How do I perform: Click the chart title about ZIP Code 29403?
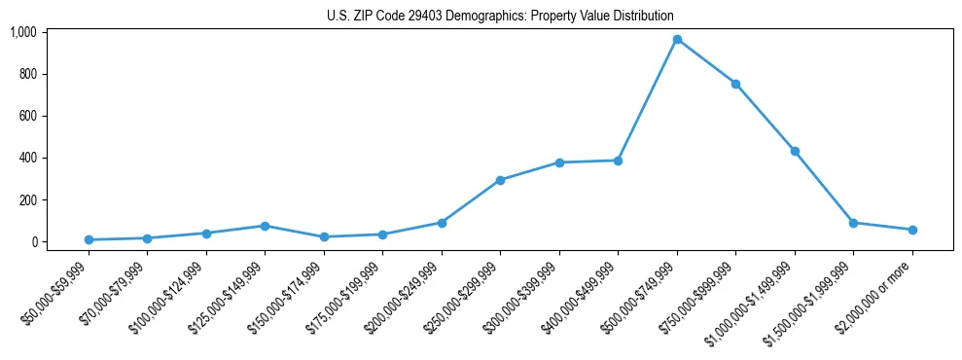pyautogui.click(x=500, y=17)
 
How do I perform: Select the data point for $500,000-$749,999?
pyautogui.click(x=677, y=39)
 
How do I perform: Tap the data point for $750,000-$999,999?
pyautogui.click(x=736, y=84)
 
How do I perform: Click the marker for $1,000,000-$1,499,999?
pyautogui.click(x=795, y=151)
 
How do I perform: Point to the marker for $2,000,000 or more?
pyautogui.click(x=912, y=230)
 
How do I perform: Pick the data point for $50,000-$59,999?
pyautogui.click(x=89, y=239)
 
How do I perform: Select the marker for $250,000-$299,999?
pyautogui.click(x=500, y=180)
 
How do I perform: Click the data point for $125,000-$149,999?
pyautogui.click(x=266, y=226)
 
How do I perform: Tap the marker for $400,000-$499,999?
pyautogui.click(x=618, y=161)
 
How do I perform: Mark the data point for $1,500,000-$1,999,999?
pyautogui.click(x=854, y=223)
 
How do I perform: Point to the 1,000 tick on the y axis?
pyautogui.click(x=22, y=32)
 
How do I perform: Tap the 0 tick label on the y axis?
pyautogui.click(x=33, y=241)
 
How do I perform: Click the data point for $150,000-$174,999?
pyautogui.click(x=324, y=236)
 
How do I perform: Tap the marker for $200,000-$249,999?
pyautogui.click(x=442, y=223)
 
